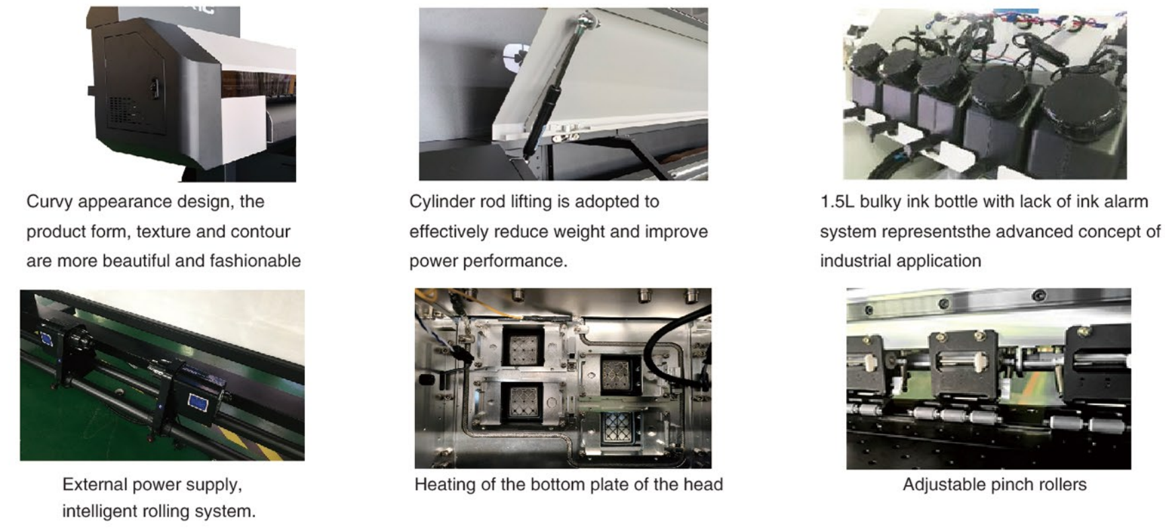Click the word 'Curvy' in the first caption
point(49,202)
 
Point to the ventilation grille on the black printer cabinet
point(122,110)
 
